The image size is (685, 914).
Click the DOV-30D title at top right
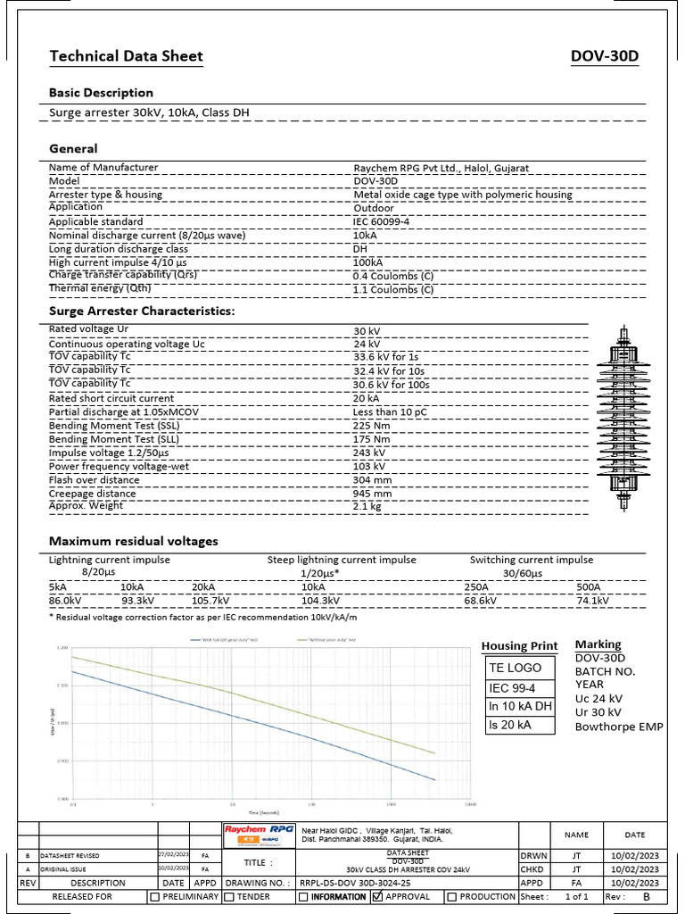click(605, 57)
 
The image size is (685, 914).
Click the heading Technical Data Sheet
click(126, 57)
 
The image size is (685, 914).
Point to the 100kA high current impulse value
click(368, 262)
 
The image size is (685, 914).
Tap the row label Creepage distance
click(94, 493)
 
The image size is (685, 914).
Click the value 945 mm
click(372, 493)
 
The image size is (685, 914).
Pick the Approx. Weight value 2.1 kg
click(367, 506)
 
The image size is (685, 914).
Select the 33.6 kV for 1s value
click(391, 357)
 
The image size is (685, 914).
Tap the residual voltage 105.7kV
click(210, 601)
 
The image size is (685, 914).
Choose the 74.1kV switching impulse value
click(593, 601)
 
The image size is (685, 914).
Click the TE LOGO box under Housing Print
click(515, 668)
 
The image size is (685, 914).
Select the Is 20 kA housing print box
click(510, 725)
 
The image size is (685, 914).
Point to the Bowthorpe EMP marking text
click(619, 727)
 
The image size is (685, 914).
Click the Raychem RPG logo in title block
click(260, 834)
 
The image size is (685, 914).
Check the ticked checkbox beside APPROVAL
click(377, 896)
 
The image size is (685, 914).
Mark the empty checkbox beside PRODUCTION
click(452, 896)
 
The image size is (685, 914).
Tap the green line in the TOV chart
click(268, 702)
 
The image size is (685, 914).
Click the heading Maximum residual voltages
click(133, 541)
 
